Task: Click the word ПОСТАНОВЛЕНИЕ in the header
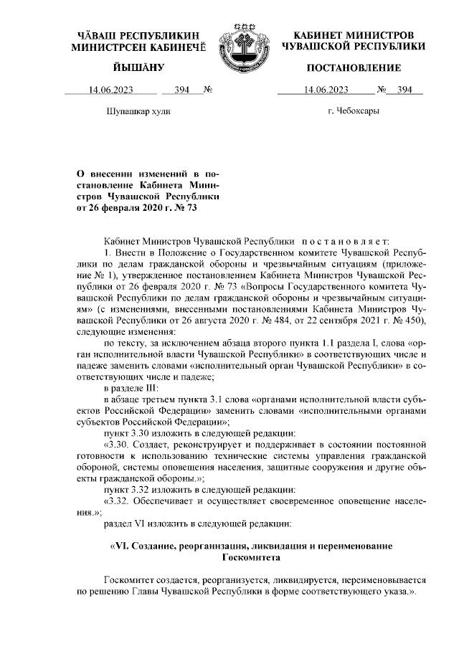click(354, 68)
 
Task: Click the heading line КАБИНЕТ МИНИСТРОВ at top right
click(354, 35)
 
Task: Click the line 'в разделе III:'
click(136, 387)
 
